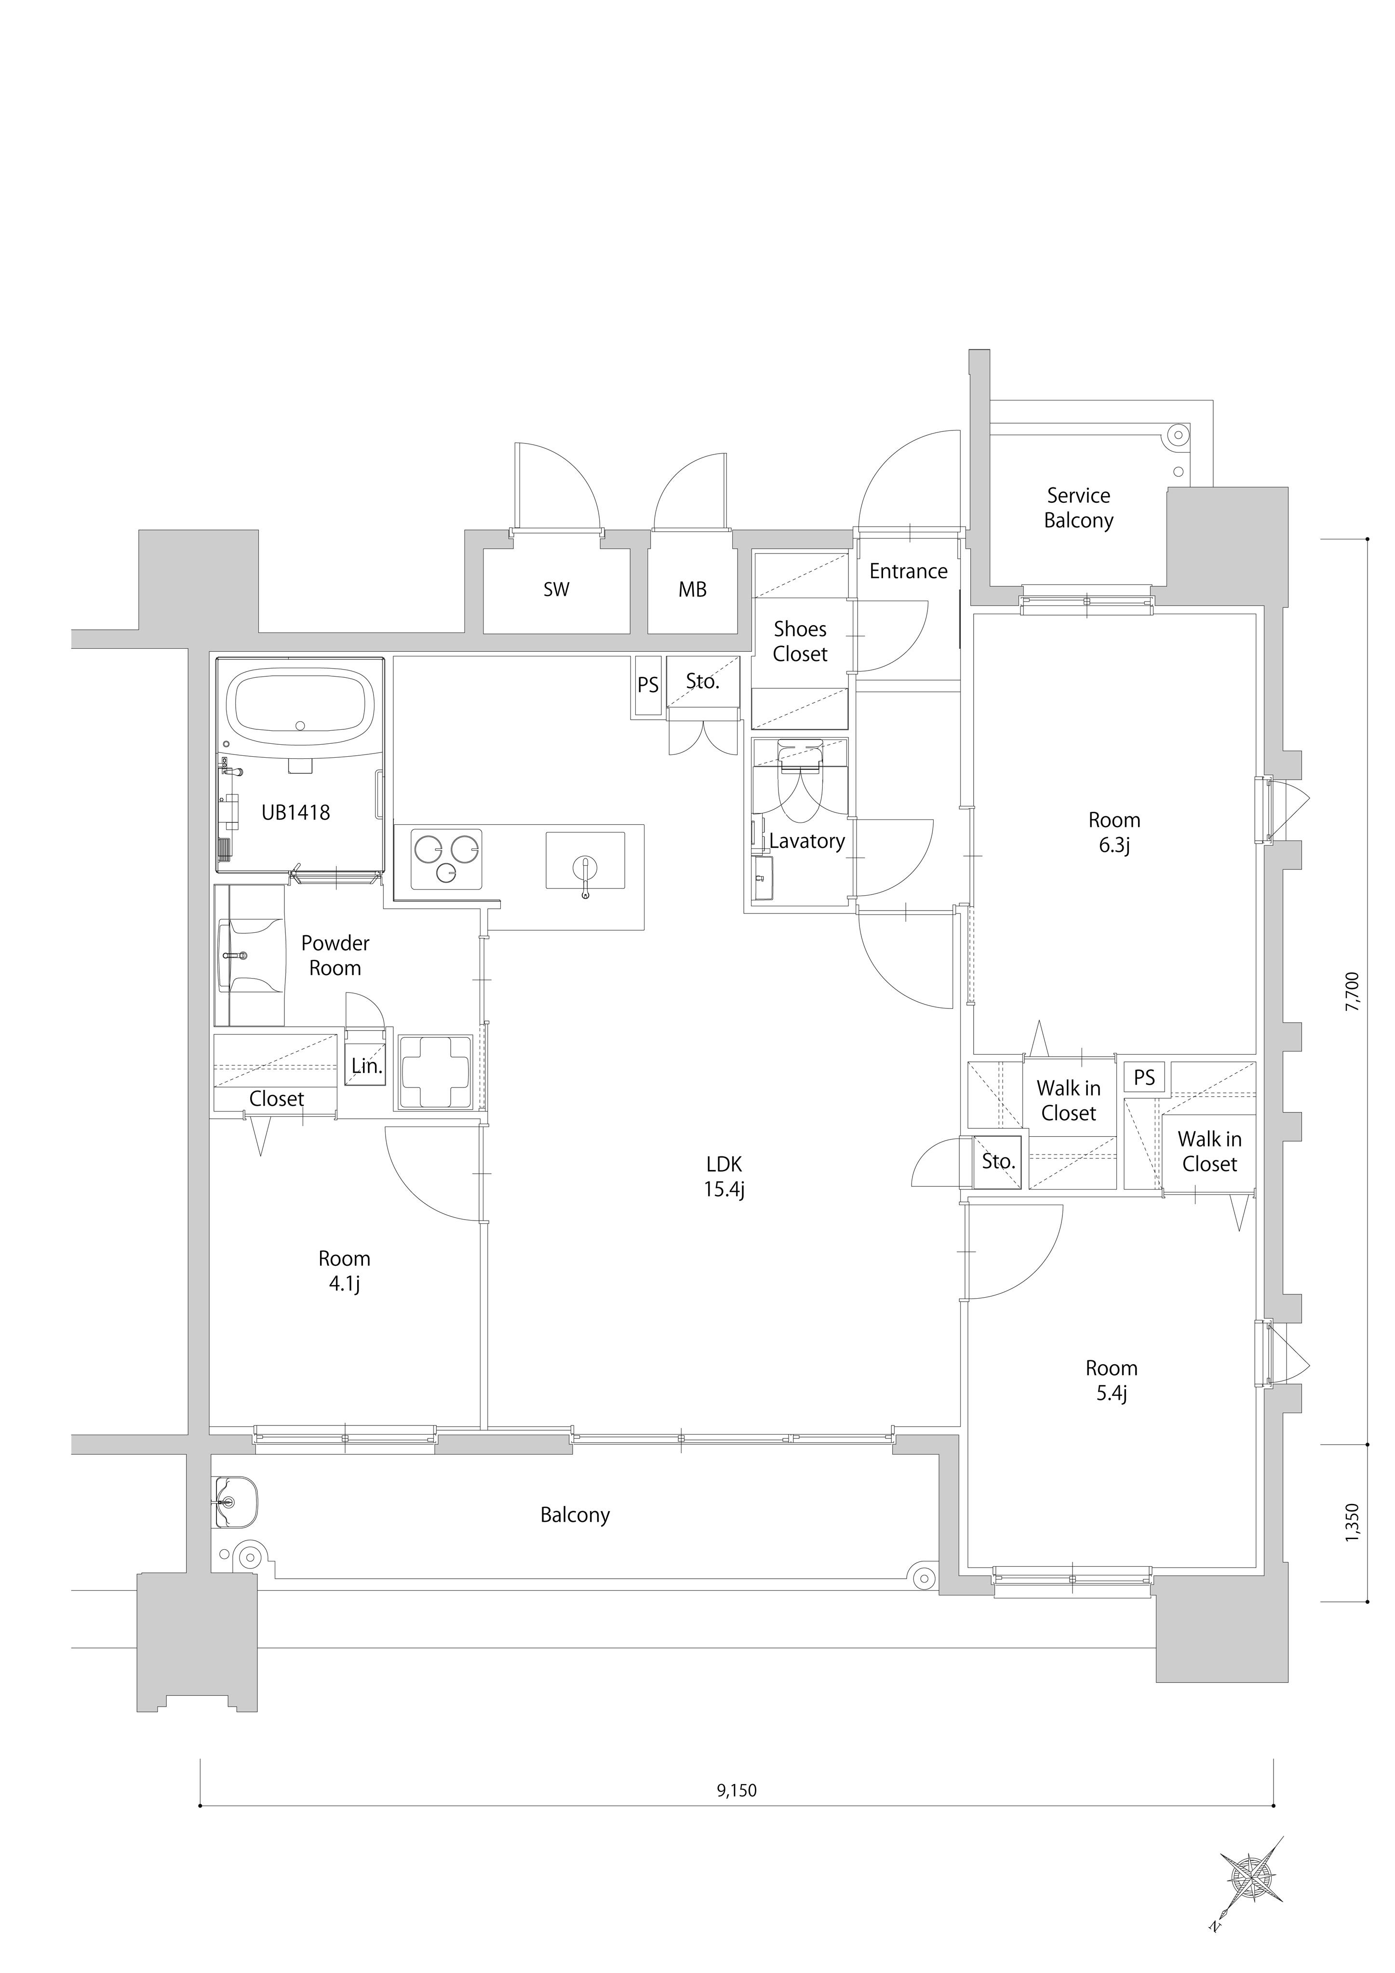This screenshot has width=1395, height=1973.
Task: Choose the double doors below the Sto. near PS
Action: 704,738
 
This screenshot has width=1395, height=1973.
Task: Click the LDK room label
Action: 724,1176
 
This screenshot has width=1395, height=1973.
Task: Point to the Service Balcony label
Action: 1079,508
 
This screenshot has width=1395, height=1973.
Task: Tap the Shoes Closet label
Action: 800,641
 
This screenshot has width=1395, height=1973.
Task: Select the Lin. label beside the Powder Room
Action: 367,1066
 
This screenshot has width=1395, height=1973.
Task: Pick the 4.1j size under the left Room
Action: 344,1284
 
